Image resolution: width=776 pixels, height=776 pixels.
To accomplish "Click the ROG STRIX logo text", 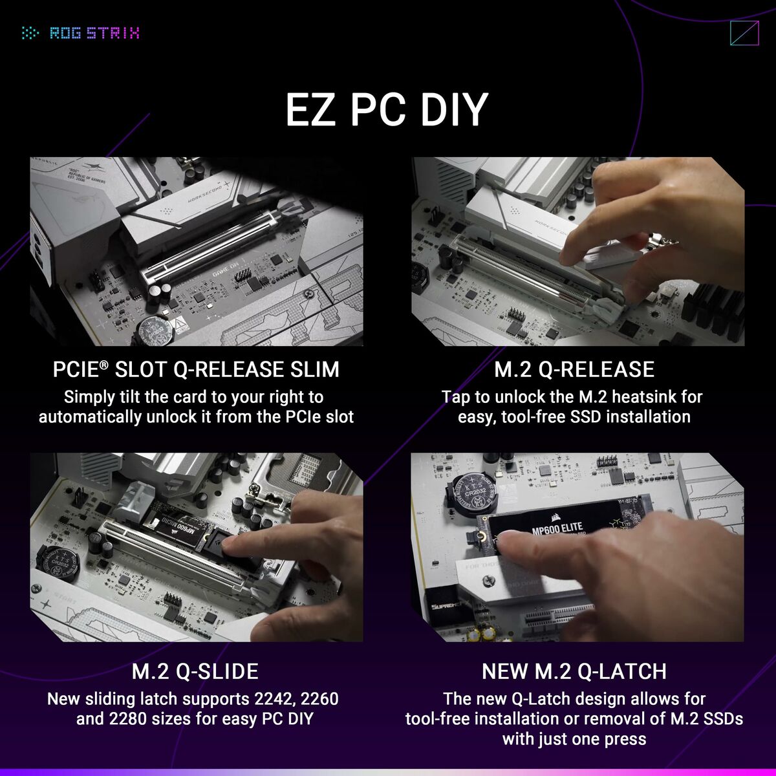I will [94, 33].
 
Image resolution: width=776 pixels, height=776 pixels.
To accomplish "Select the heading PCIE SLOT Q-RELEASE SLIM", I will [196, 369].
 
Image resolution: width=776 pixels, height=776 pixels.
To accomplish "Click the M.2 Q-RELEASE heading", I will [574, 369].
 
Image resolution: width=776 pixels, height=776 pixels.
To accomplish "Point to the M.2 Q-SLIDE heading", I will [195, 671].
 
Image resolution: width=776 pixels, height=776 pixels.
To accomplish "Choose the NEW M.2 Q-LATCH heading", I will [574, 671].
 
